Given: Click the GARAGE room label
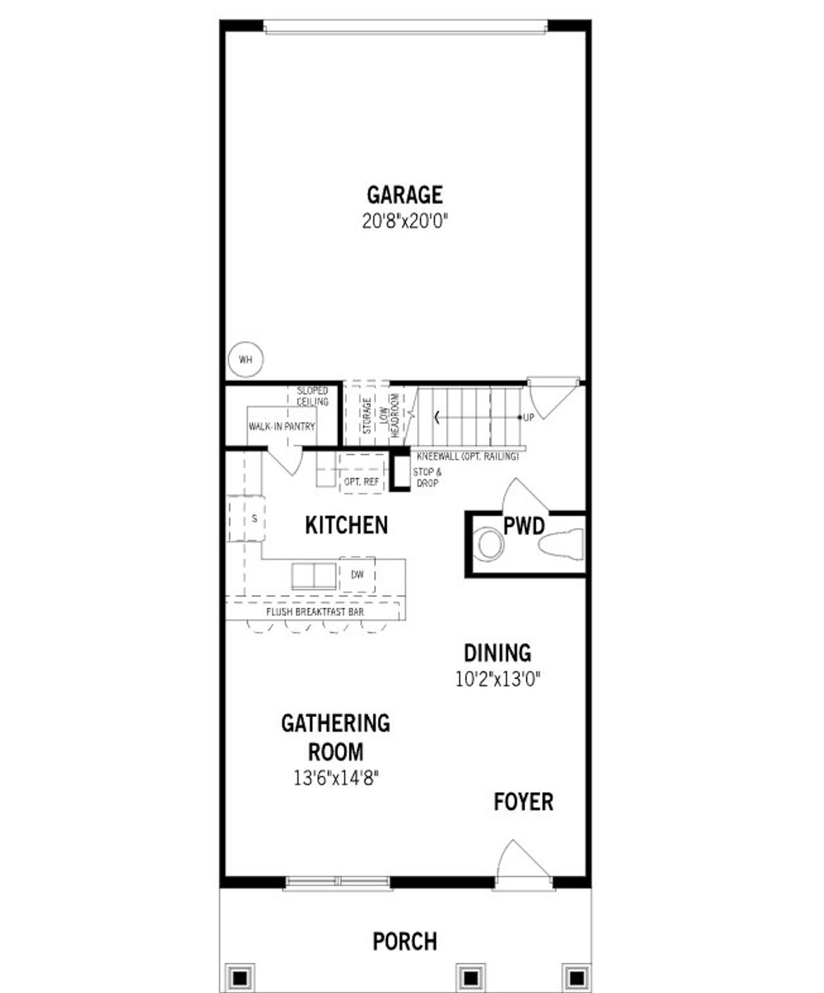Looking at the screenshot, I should point(404,194).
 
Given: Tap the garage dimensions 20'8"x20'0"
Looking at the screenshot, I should point(404,221).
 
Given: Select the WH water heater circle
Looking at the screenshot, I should point(245,360).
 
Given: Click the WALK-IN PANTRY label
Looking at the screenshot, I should point(281,426).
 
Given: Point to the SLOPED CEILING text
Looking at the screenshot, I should point(312,396).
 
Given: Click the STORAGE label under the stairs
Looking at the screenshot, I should point(366,415).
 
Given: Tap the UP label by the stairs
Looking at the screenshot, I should point(529,418).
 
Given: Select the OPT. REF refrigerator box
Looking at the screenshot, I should point(361,481).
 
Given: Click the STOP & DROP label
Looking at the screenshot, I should point(427,478).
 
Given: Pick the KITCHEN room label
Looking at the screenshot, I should point(346,525).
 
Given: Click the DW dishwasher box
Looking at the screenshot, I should point(357,574).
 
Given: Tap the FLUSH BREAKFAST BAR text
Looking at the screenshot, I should point(315,611).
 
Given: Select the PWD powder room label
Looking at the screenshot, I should point(523,526).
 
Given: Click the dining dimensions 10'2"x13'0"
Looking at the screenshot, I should point(497,680).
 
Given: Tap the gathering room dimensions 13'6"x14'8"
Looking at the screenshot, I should point(335,778).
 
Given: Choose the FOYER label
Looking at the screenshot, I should point(523,802).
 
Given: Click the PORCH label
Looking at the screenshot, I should point(404,942).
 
